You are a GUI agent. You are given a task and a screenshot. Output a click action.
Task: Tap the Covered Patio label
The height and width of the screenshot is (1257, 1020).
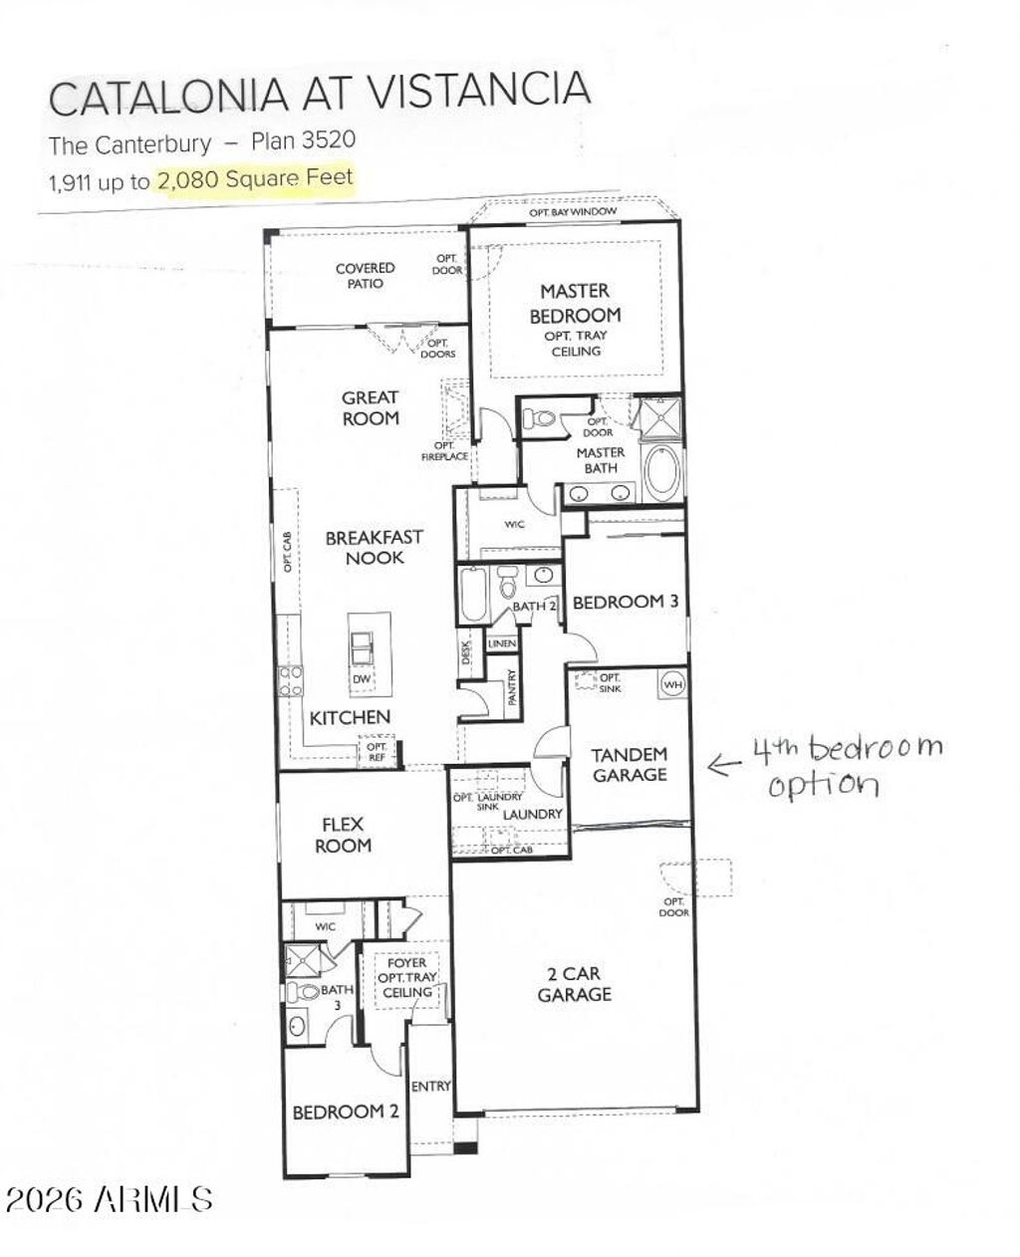pos(365,275)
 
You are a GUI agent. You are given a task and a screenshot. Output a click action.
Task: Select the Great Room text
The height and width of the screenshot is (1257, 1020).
pos(371,407)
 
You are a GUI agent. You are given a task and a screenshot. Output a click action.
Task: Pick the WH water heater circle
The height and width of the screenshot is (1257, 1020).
pos(672,684)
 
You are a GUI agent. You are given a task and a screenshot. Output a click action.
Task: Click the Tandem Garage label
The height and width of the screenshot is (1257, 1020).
pos(629,764)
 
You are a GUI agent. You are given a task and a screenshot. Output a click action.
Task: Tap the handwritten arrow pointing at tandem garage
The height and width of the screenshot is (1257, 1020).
pos(724,764)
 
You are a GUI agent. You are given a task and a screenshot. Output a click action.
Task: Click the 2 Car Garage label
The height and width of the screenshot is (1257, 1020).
pos(574,983)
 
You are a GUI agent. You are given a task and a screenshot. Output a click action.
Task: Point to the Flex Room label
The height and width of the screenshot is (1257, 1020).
pos(344,835)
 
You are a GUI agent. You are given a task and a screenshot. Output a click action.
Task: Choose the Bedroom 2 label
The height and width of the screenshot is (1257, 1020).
pos(345,1112)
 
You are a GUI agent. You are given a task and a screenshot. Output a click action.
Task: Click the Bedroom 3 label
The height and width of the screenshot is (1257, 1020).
pos(626,602)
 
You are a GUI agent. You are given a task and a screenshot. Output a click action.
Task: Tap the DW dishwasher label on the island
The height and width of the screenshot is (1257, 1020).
pos(362,679)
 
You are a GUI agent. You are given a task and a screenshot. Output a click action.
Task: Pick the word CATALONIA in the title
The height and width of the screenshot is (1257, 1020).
pos(170,97)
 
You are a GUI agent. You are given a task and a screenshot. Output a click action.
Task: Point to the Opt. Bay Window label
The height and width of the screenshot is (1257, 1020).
pos(573,212)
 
